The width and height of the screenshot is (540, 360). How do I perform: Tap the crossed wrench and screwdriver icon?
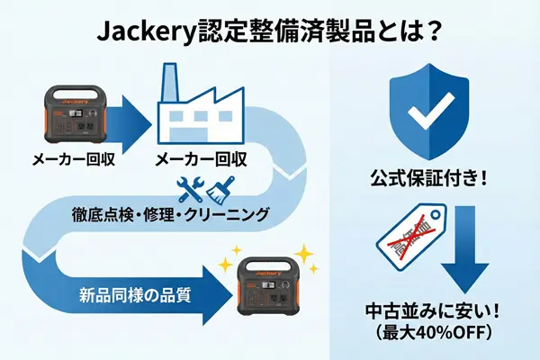pyautogui.click(x=190, y=191)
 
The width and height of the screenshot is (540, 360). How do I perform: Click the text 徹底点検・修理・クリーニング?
pyautogui.click(x=170, y=216)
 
